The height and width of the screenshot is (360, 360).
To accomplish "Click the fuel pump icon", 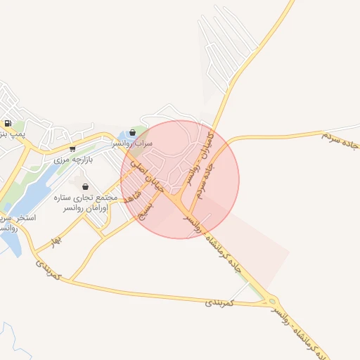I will [x=7, y=123].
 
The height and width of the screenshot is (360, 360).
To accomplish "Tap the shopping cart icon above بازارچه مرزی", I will [x=73, y=149].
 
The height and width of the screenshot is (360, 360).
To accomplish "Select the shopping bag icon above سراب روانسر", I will [x=133, y=132].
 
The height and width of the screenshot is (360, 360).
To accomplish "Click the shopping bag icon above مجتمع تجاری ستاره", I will [x=86, y=187].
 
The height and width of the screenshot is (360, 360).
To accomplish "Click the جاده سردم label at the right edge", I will [x=340, y=139].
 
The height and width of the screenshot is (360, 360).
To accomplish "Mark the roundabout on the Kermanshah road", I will [x=272, y=302].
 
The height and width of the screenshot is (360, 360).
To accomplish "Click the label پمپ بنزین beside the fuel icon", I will [x=13, y=133].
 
